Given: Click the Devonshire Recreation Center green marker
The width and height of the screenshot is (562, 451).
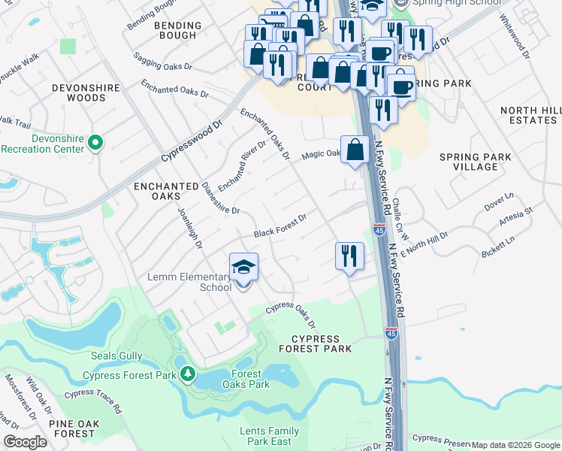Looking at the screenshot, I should pyautogui.click(x=95, y=143).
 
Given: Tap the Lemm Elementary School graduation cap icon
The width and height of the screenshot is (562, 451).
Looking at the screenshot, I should pyautogui.click(x=243, y=267).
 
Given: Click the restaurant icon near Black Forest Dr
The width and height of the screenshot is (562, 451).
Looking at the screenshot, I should pyautogui.click(x=349, y=256).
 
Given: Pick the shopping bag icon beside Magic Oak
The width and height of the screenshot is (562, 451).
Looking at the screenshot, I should pyautogui.click(x=354, y=150).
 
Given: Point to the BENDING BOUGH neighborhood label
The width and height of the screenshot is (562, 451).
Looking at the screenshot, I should pyautogui.click(x=178, y=31).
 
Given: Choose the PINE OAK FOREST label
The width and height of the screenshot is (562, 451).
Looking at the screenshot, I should pyautogui.click(x=72, y=428).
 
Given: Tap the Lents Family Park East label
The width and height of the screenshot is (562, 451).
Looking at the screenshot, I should pyautogui.click(x=270, y=436).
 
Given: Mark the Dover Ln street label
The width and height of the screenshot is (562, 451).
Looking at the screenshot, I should pyautogui.click(x=498, y=201).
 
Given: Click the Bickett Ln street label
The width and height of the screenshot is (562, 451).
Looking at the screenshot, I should pyautogui.click(x=499, y=247).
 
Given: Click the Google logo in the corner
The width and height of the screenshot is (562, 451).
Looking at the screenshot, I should pyautogui.click(x=25, y=442).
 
